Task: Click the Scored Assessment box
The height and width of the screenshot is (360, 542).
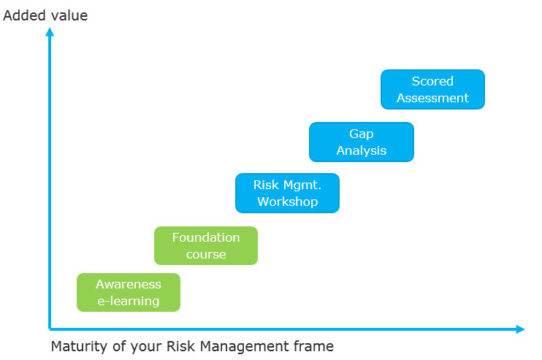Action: click(x=432, y=89)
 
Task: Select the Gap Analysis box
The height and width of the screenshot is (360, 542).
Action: click(x=361, y=142)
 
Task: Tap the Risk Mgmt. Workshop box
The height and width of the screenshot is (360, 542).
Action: click(x=287, y=193)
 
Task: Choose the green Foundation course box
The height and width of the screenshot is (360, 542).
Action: click(x=206, y=245)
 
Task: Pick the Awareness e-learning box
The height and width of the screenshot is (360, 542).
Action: click(x=129, y=292)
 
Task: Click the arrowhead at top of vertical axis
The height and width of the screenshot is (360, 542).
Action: click(x=50, y=31)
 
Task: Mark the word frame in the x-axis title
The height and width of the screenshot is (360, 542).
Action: click(x=315, y=346)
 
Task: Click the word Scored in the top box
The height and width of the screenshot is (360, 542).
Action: click(x=432, y=81)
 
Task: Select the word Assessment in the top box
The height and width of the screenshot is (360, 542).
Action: click(x=432, y=98)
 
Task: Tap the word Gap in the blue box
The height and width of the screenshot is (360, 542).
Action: click(x=361, y=134)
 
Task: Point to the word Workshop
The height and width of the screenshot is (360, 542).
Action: click(x=287, y=202)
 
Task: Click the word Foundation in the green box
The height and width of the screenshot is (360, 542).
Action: click(x=206, y=237)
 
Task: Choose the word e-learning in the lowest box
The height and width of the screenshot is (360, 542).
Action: click(x=129, y=301)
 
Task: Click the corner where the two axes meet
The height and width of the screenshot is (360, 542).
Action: click(x=50, y=329)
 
